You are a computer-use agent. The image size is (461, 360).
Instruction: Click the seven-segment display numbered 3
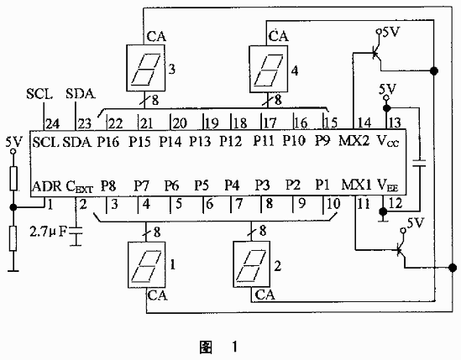[145, 68]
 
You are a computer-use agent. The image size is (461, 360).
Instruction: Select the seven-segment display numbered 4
[269, 69]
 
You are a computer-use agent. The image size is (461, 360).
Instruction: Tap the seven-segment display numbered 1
[147, 265]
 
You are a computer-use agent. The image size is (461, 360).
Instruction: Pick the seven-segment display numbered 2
[252, 264]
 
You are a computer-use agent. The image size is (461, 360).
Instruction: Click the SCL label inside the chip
[46, 142]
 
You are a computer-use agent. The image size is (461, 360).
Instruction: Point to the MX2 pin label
[354, 141]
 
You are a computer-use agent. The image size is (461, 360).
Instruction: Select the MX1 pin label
[356, 185]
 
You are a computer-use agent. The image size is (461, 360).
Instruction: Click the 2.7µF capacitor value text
[48, 232]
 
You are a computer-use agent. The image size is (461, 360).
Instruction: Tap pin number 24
[53, 123]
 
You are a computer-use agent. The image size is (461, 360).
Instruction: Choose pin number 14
[364, 123]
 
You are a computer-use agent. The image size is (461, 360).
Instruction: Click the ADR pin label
[47, 186]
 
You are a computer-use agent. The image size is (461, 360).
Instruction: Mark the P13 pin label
[200, 141]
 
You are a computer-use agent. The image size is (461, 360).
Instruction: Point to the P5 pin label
[202, 185]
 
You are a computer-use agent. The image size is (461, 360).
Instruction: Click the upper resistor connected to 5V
[13, 179]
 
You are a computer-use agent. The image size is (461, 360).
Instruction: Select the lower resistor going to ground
[13, 238]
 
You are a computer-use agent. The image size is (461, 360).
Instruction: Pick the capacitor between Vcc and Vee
[419, 164]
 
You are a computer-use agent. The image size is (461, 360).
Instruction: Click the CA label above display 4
[279, 36]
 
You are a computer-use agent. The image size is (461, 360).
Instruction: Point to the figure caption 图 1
[218, 347]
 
